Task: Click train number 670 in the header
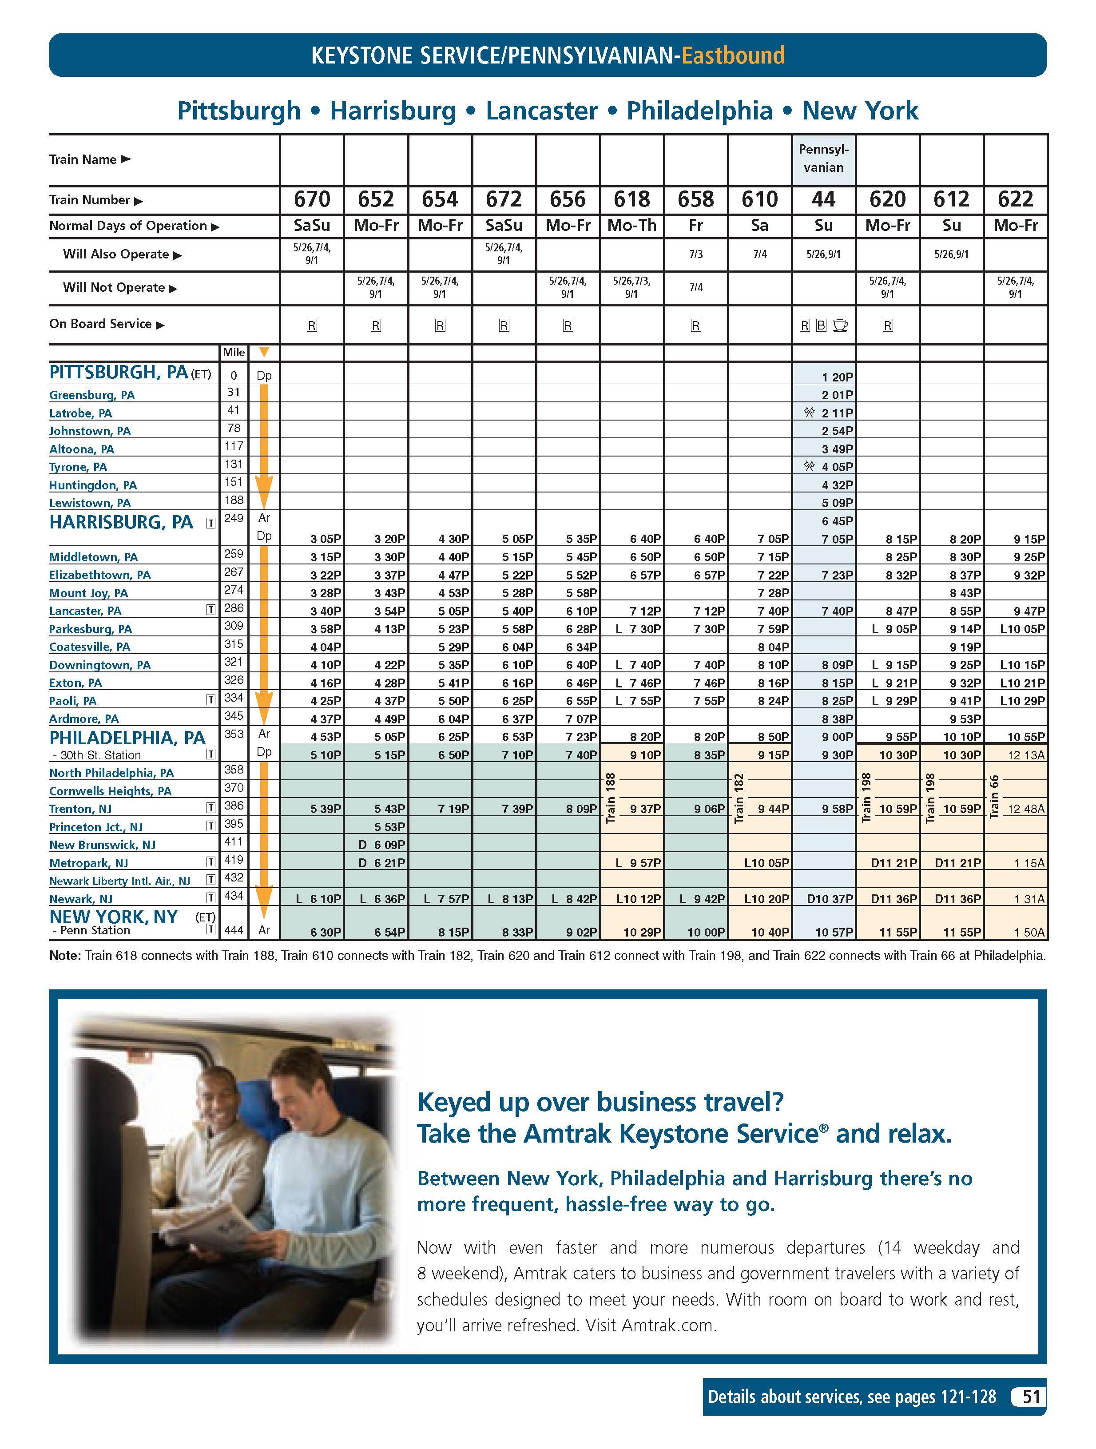(x=312, y=199)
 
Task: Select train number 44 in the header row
(x=823, y=199)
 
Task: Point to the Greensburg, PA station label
(x=92, y=395)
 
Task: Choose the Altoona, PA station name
(x=82, y=449)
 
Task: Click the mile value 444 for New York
(x=234, y=930)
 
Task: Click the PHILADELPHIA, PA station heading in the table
(x=127, y=738)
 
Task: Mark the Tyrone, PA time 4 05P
(x=837, y=467)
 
